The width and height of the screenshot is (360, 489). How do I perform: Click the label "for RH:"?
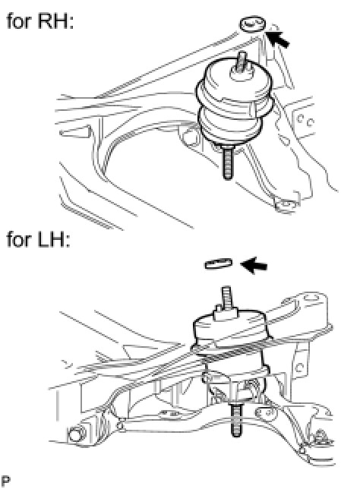(x=40, y=21)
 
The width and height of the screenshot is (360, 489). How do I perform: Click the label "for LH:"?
(x=38, y=239)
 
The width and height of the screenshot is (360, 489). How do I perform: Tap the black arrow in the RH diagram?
(x=279, y=39)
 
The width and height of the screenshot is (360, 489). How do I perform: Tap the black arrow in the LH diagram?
(x=254, y=266)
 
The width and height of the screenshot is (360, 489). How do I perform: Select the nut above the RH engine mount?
(x=253, y=24)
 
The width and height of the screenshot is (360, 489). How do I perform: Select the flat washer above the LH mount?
(x=219, y=263)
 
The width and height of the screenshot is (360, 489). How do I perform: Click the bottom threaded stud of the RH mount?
(x=227, y=162)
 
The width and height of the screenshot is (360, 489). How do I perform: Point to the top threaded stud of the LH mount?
(x=226, y=298)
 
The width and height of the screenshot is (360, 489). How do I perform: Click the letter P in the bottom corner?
(x=5, y=481)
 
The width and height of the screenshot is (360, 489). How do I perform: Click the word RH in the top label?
(x=56, y=21)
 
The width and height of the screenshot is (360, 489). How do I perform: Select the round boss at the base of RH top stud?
(x=242, y=74)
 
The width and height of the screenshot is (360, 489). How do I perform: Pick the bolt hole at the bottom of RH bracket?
(x=286, y=205)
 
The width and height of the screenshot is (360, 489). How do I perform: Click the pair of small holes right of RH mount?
(x=305, y=121)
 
